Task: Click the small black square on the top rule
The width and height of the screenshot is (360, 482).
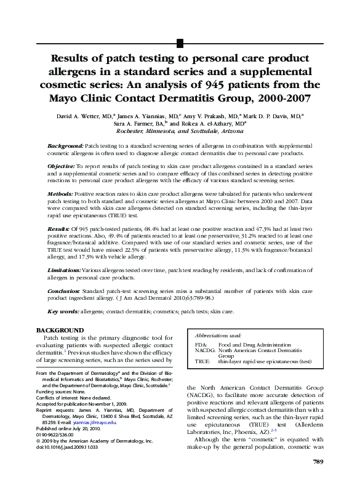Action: click(x=180, y=42)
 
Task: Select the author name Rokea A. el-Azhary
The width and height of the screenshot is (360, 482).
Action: click(x=215, y=123)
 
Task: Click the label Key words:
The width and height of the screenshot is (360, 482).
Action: click(x=63, y=312)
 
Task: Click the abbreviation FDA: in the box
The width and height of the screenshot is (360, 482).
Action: click(x=201, y=346)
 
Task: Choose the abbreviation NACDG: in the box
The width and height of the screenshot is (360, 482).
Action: click(x=205, y=351)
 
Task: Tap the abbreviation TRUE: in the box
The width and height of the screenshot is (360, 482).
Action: click(x=203, y=363)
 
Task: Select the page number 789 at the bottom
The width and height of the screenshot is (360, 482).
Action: click(x=318, y=462)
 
